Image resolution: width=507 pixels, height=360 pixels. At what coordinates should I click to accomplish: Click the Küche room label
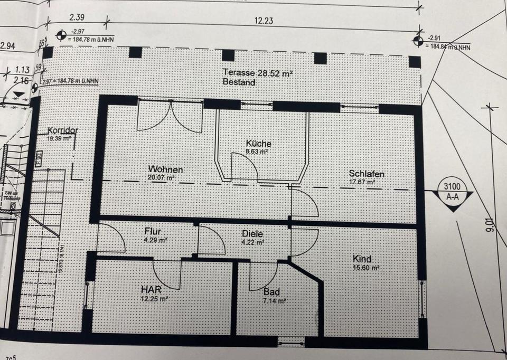pos(258,144)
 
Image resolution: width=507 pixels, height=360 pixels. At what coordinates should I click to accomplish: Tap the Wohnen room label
pos(165,170)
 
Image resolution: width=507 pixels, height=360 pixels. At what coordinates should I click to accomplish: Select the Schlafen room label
pos(365,174)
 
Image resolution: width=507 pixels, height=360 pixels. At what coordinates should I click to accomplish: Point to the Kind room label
pos(362,259)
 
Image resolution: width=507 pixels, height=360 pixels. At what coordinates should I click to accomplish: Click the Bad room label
pos(271,291)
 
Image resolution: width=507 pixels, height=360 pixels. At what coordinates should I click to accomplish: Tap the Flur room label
pos(153,231)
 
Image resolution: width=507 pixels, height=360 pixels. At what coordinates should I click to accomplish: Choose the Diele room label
pos(252,234)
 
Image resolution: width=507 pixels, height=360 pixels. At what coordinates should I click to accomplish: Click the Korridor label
pos(63,130)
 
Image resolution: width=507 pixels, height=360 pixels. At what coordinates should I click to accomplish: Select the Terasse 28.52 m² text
pos(257,73)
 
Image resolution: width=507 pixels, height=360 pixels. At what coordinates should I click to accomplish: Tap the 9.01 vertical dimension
pos(492,224)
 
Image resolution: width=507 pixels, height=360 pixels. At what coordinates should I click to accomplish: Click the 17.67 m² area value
pos(362,183)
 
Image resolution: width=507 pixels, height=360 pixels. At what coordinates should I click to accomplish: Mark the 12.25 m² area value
pos(155,298)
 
